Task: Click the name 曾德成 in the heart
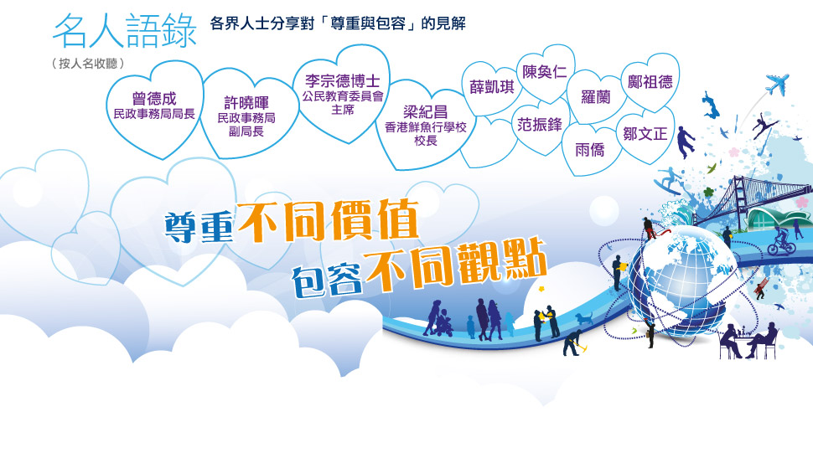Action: coord(154,98)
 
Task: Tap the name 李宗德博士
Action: coord(342,80)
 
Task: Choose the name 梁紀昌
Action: coord(425,112)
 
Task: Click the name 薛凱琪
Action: coord(491,86)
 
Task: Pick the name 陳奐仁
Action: coord(545,72)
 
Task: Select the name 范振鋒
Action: coord(540,124)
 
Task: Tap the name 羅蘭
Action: coord(596,97)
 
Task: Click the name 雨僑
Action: coord(590,150)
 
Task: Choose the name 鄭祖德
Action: coord(650,81)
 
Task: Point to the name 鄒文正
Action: coord(645,134)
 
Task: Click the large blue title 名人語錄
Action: coord(124,30)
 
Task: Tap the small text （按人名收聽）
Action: coord(88,64)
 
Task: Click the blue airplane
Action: coord(777,85)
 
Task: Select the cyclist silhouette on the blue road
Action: coord(781,242)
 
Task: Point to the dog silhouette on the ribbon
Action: coord(584,317)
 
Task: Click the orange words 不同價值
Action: coord(328,221)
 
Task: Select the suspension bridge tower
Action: coord(738,197)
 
